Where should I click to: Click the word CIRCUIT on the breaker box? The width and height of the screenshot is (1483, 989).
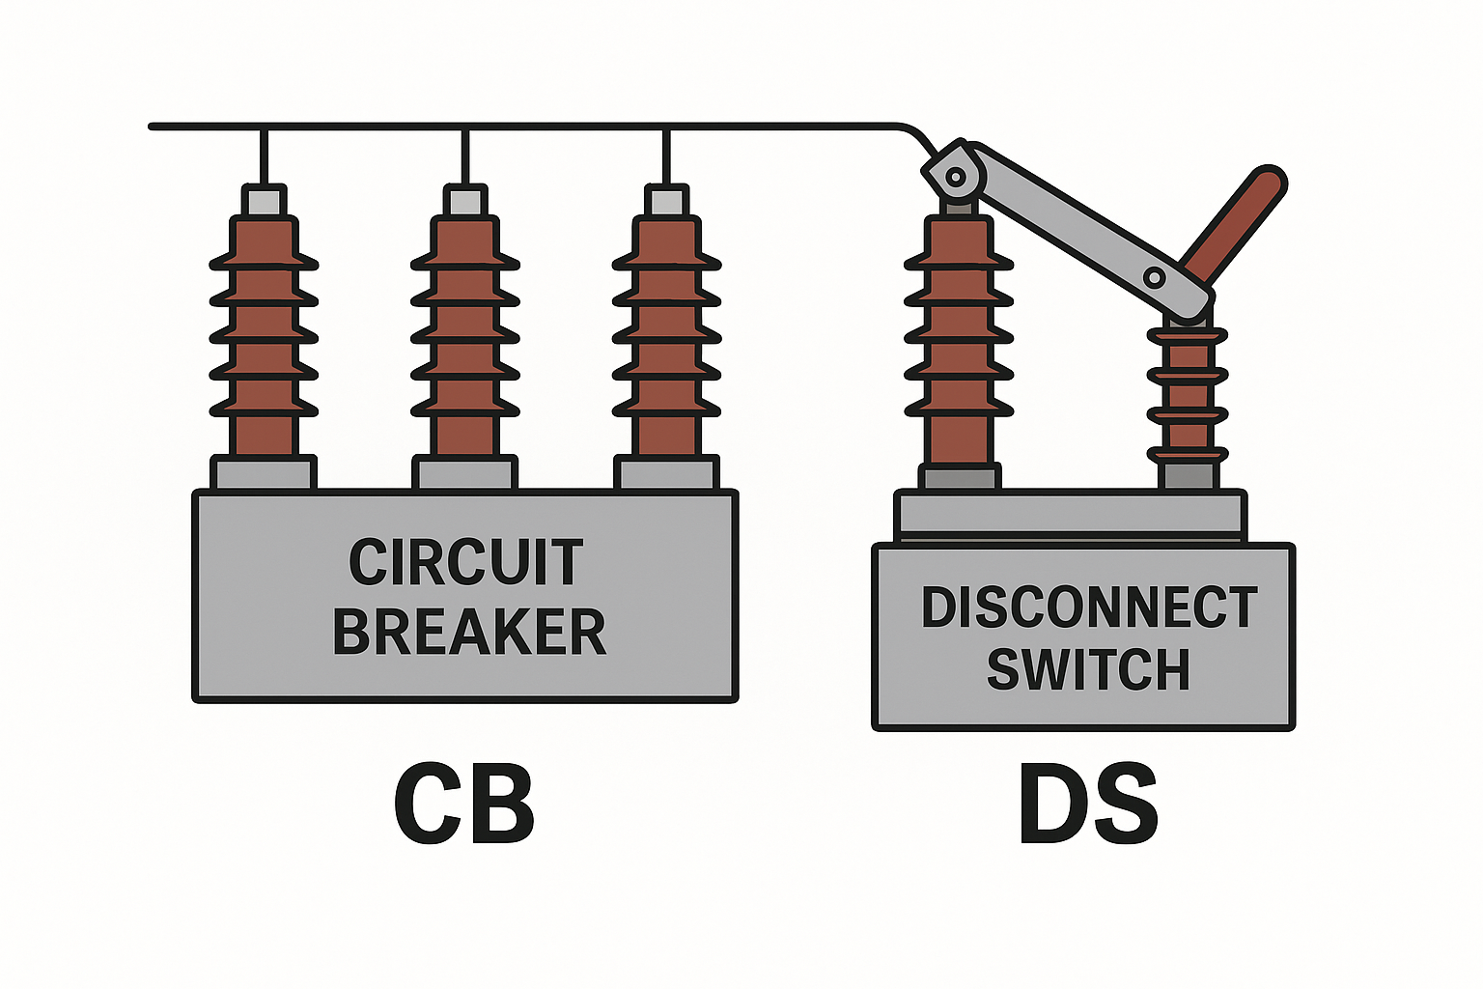click(x=465, y=562)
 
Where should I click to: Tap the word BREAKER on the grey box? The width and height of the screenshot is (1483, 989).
click(x=469, y=633)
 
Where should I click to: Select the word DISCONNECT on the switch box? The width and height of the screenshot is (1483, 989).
click(x=1089, y=608)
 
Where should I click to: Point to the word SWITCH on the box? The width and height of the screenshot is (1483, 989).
click(x=1088, y=669)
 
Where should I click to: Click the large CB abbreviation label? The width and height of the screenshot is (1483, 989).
click(x=463, y=805)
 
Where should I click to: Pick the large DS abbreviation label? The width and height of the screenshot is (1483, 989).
click(x=1088, y=805)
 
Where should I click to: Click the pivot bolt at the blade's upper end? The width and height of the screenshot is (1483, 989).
click(x=956, y=177)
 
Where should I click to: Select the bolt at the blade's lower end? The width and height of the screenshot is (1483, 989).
click(x=1154, y=278)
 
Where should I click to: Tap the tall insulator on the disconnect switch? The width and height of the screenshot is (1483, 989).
click(x=960, y=338)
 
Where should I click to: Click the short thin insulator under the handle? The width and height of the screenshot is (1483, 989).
click(x=1188, y=396)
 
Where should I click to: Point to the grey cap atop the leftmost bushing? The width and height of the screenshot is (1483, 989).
click(x=264, y=201)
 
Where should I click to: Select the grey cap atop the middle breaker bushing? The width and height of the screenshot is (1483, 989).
click(x=465, y=201)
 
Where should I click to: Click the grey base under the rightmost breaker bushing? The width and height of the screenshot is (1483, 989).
click(x=666, y=473)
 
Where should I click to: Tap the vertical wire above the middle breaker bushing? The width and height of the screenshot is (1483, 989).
click(x=465, y=155)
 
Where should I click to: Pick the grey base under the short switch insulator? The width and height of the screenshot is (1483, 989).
click(x=1189, y=476)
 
